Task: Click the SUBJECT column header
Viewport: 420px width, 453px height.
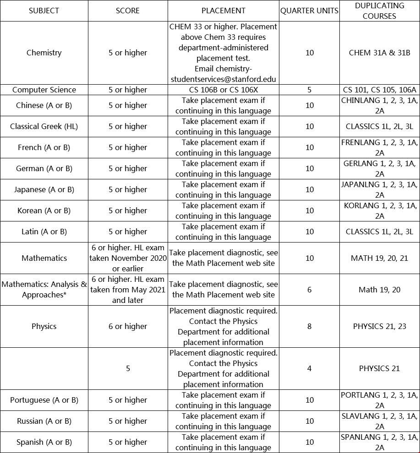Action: [44, 11]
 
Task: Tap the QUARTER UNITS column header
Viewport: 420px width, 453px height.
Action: [309, 11]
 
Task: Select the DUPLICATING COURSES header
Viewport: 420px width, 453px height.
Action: [379, 11]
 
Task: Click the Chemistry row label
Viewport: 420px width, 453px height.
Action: [44, 53]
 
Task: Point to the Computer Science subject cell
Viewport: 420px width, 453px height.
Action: [44, 90]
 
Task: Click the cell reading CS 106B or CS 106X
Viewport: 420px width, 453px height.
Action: [223, 90]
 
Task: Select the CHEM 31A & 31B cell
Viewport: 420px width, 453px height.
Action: [379, 53]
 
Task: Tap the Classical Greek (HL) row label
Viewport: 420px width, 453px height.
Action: [44, 126]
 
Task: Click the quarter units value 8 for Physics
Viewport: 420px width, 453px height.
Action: [309, 326]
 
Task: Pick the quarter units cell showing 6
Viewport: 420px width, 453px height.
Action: [309, 289]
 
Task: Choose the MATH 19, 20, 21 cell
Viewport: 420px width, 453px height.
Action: [379, 258]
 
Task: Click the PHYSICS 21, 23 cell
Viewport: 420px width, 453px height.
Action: [379, 326]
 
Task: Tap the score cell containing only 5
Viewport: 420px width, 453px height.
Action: [128, 368]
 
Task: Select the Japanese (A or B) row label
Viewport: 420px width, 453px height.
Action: [44, 189]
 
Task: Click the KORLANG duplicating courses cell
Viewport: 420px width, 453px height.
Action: [379, 210]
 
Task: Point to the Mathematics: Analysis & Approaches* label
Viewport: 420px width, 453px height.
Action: [44, 289]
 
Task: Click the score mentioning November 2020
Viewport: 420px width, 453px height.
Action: [128, 258]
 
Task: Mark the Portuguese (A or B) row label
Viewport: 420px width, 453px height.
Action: [44, 400]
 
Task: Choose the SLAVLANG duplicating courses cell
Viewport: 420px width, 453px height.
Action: [379, 421]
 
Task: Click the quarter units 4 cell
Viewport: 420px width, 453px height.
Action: [309, 368]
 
